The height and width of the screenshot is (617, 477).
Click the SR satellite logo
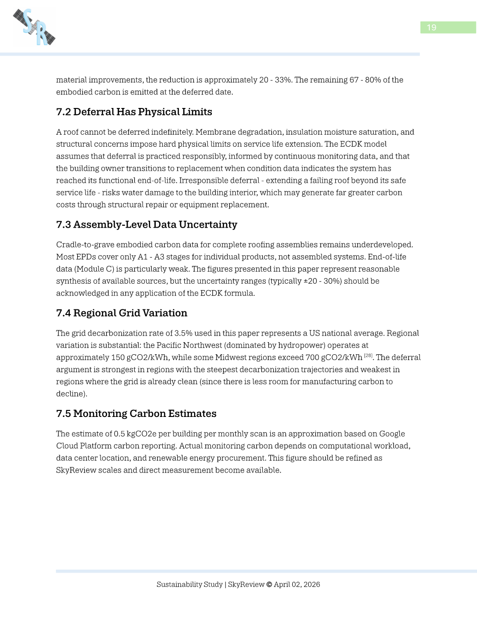(x=34, y=28)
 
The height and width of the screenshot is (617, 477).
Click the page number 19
(x=432, y=28)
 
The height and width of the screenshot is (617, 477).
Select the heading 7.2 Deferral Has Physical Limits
(x=134, y=112)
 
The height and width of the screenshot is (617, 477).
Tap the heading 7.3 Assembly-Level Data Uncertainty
(x=146, y=224)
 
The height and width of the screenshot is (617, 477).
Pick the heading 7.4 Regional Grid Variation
(x=122, y=313)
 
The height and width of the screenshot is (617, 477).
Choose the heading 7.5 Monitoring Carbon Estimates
(x=136, y=413)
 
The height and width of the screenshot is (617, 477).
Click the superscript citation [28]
(x=368, y=356)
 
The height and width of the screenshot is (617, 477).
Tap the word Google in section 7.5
(x=392, y=434)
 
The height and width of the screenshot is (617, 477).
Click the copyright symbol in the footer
(x=269, y=584)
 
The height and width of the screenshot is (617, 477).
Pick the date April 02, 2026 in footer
(x=297, y=584)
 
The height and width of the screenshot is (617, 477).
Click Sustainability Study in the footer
(x=189, y=584)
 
